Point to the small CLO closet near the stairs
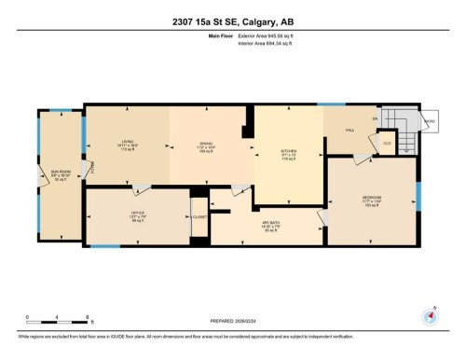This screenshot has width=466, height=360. [x=386, y=142]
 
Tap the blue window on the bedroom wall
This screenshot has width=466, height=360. [x=418, y=195]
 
